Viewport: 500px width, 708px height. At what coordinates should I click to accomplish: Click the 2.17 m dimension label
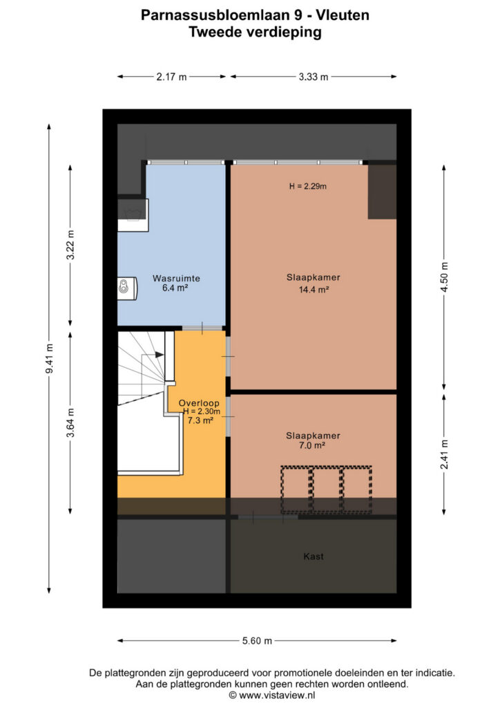(171, 77)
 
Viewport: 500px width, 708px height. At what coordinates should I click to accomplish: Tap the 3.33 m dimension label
(314, 77)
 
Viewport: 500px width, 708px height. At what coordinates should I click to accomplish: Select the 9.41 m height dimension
(50, 359)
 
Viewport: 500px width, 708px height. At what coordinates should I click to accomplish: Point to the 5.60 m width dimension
(257, 641)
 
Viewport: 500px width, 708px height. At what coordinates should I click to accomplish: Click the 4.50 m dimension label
(445, 277)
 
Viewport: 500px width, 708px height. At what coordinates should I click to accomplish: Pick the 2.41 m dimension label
(445, 454)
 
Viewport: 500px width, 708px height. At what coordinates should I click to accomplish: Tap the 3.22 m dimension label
(70, 245)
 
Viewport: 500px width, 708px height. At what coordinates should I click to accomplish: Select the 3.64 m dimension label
(70, 422)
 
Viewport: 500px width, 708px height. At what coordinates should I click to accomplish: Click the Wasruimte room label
(176, 278)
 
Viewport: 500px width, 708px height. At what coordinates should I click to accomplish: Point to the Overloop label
(199, 403)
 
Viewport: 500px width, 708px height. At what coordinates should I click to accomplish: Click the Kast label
(314, 557)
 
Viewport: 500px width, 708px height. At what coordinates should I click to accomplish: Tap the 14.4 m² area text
(314, 290)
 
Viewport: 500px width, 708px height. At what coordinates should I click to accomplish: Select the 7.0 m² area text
(312, 445)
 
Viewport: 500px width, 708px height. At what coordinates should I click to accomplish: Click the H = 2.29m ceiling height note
(308, 186)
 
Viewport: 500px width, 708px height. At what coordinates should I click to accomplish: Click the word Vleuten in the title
(343, 15)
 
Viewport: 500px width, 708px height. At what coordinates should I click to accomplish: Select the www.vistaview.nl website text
(277, 696)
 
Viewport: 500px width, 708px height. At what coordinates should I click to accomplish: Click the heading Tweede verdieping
(256, 32)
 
